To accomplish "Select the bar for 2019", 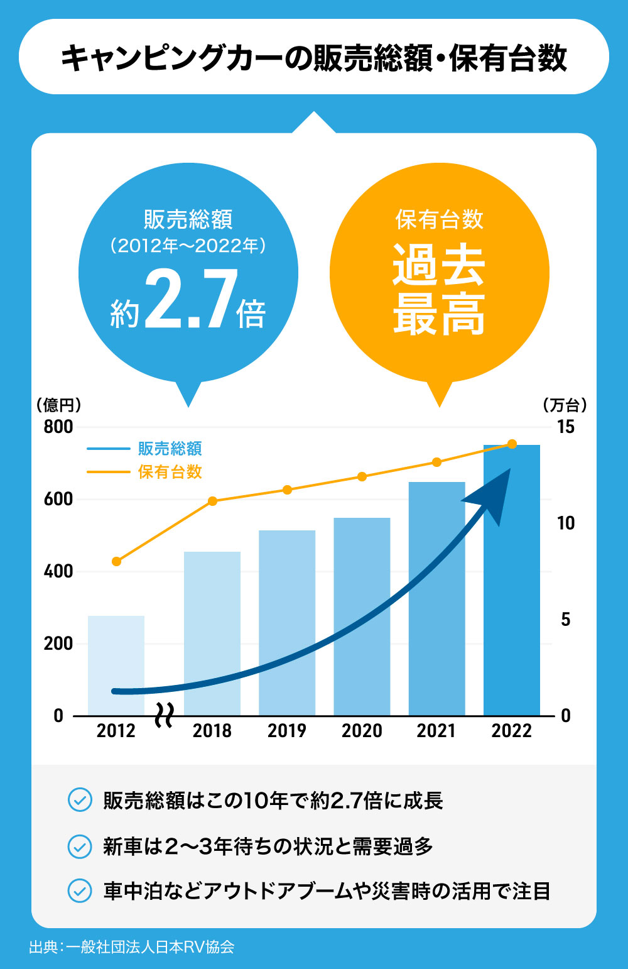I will tap(287, 622).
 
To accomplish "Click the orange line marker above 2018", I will tap(212, 501).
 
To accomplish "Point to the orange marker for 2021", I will tap(437, 463).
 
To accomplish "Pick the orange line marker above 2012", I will tap(116, 561).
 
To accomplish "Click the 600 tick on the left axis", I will tap(58, 499).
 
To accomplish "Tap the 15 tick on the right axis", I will tap(565, 427).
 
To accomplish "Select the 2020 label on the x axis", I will tap(362, 731).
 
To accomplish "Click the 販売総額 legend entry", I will tap(170, 449).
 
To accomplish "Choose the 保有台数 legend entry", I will tap(170, 472).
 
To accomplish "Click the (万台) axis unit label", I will tap(565, 405).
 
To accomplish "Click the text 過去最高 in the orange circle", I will tap(439, 289).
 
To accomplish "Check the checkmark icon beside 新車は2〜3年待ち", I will tap(80, 846).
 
